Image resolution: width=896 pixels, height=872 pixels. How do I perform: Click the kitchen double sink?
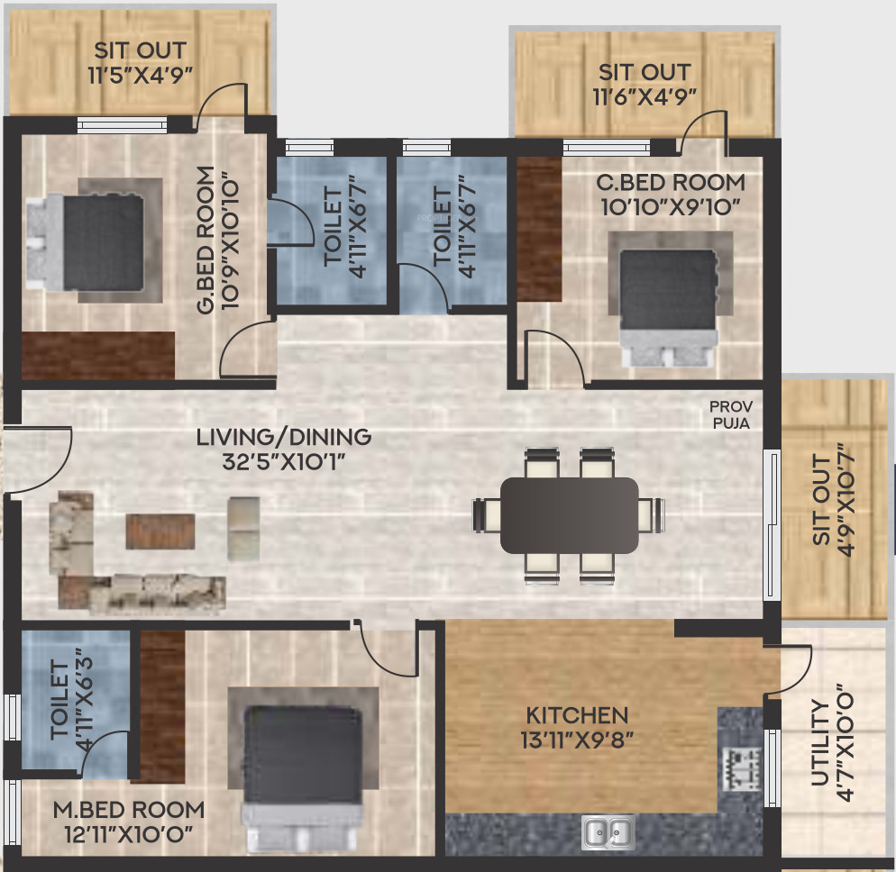[x=608, y=832]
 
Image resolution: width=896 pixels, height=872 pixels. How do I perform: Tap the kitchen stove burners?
[x=742, y=768]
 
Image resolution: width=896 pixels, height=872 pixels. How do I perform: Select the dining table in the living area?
[x=569, y=515]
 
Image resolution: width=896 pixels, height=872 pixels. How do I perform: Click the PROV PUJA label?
[x=731, y=414]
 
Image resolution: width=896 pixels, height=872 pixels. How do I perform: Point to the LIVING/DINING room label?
[x=284, y=437]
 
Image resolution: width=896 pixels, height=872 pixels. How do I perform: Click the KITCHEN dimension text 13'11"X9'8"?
[x=577, y=740]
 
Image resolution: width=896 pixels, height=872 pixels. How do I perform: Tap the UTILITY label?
[x=819, y=742]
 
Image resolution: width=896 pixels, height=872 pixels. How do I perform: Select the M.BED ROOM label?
[x=129, y=810]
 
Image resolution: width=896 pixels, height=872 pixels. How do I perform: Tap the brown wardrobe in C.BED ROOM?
[x=539, y=229]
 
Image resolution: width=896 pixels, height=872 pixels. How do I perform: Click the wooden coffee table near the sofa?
[x=160, y=531]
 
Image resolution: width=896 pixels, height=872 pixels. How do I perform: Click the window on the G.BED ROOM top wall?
[x=122, y=124]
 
